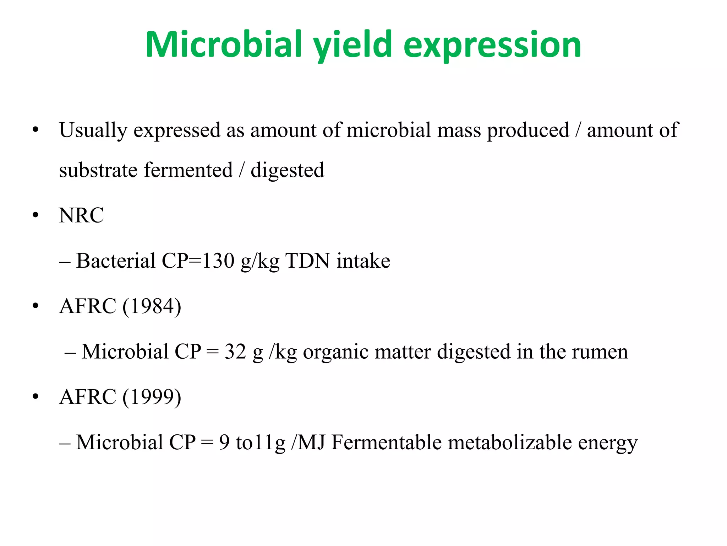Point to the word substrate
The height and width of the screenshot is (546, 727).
coord(98,170)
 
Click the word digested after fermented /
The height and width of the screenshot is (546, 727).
coord(288,170)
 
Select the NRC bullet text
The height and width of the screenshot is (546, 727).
coord(82,215)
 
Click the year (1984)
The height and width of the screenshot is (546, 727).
coord(152,306)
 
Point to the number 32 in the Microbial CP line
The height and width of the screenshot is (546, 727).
coord(235,352)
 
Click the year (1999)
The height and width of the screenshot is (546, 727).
coord(152,397)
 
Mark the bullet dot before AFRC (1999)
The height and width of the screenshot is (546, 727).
coord(35,397)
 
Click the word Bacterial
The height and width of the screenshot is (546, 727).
coord(116,261)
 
